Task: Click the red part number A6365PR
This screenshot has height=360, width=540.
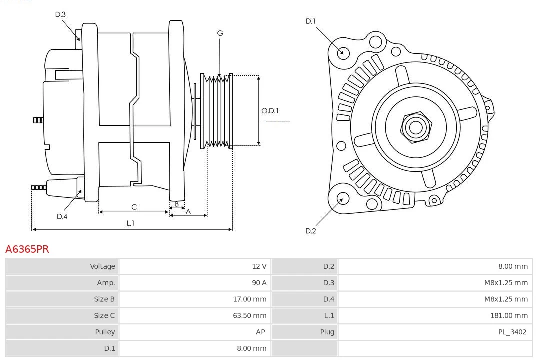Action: point(27,249)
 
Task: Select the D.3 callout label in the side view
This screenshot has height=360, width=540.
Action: point(60,14)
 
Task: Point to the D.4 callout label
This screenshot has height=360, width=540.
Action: point(62,216)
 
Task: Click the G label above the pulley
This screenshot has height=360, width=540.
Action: point(220,33)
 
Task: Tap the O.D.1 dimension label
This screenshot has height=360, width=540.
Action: point(270,111)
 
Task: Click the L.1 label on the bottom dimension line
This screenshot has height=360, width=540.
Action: point(130,223)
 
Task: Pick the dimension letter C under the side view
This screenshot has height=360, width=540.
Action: point(134,207)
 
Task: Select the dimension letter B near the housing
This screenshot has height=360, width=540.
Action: point(176,204)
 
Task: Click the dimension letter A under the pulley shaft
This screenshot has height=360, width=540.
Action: point(188,211)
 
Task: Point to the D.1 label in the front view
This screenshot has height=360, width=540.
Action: point(311,21)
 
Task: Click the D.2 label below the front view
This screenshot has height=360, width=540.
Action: point(311,231)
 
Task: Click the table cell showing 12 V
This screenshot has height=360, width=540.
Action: point(259,266)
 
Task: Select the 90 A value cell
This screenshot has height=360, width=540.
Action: point(259,283)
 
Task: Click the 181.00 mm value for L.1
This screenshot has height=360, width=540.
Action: point(509,315)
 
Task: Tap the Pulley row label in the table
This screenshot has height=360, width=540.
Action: point(105,332)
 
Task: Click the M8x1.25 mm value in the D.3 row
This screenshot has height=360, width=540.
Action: point(506,283)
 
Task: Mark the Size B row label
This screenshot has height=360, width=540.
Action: point(104,299)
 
